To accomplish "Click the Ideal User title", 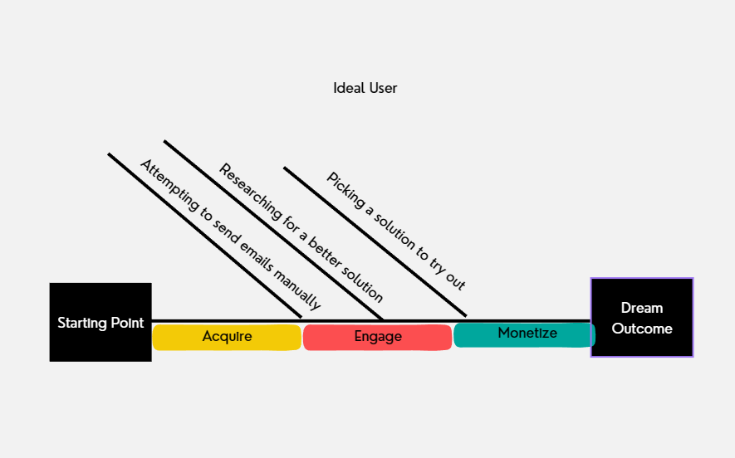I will coord(365,88).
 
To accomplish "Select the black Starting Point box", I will coord(100,323).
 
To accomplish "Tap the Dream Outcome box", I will coord(642,318).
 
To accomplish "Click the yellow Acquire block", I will coord(227,337).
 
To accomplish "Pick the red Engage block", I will coord(378,337).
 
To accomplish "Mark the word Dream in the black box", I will coord(642,309).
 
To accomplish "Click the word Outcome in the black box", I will coord(642,329).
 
